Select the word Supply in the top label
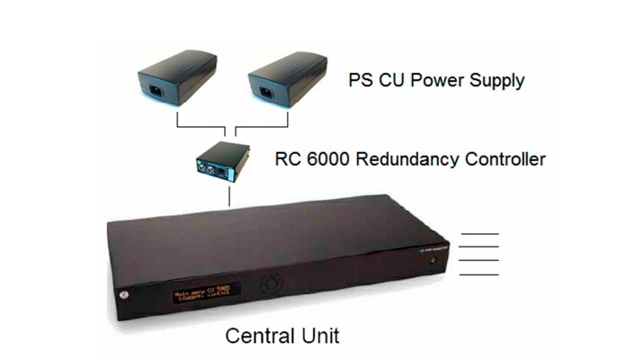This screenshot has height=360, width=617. [x=495, y=81]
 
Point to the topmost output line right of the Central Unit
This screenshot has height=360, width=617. [x=478, y=235]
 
